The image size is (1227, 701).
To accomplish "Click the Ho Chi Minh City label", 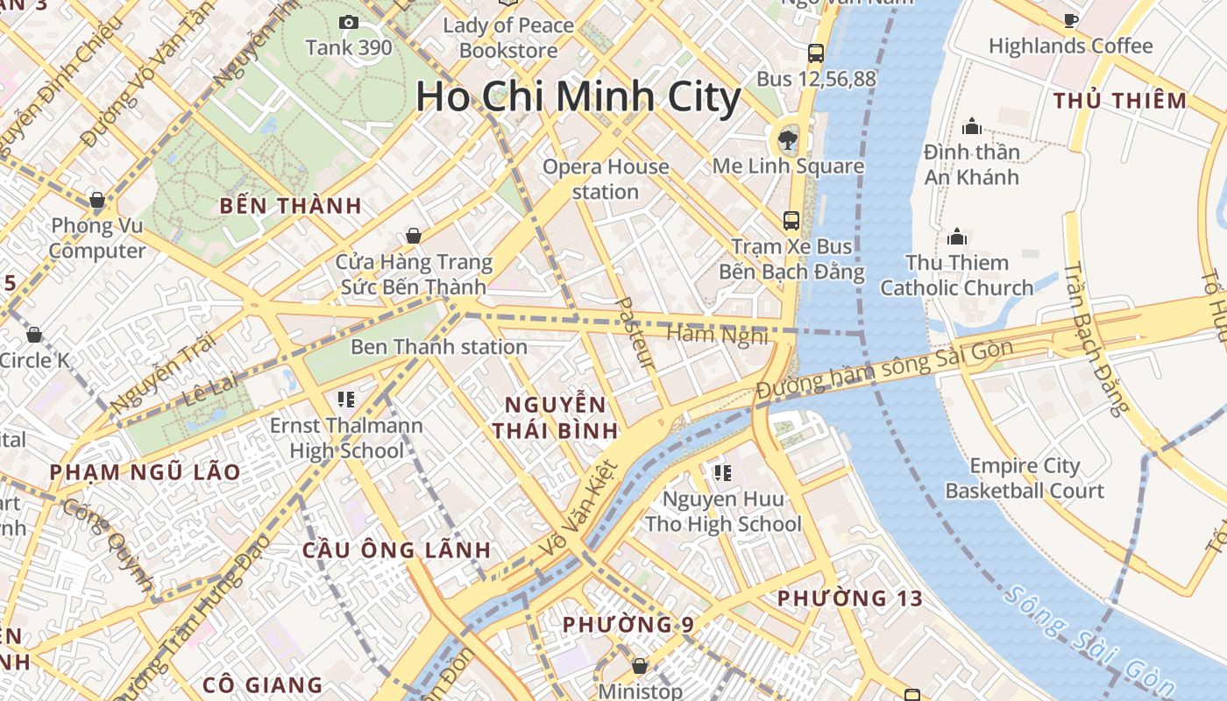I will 578,96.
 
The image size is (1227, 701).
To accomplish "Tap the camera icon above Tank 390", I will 349,23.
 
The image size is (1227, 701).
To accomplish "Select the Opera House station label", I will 606,179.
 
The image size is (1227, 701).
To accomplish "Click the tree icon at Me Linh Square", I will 787,138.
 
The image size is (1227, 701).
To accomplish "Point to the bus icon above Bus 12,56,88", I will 816,53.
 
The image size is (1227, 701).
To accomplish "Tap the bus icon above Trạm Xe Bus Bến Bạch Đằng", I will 791,220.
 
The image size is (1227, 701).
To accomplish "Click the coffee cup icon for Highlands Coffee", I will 1070,20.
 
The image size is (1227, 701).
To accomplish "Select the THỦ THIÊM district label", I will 1120,101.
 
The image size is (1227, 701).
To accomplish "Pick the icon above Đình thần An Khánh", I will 971,127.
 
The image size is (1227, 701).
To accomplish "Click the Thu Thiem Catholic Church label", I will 957,275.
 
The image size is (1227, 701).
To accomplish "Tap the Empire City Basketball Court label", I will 1025,478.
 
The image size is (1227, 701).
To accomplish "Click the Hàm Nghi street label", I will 717,335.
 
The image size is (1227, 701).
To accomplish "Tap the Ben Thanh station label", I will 439,347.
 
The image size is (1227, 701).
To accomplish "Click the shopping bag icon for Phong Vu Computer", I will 97,200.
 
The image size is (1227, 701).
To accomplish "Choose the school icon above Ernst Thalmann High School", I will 346,400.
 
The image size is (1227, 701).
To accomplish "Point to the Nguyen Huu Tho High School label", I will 723,512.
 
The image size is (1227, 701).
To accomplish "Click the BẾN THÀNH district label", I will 290,206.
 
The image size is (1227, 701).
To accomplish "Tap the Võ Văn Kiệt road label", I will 578,508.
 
